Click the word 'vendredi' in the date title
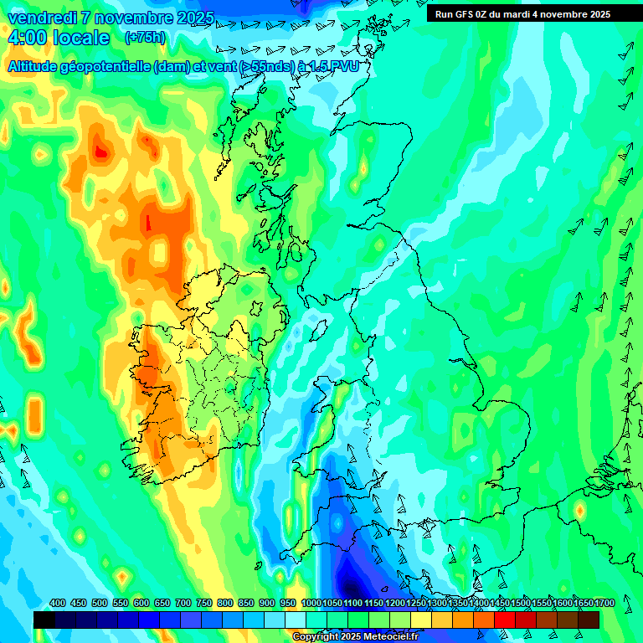point(41,18)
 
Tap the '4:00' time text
point(28,38)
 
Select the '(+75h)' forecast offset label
point(145,37)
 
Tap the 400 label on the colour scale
point(58,604)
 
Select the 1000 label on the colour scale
point(311,604)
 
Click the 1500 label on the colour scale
point(520,604)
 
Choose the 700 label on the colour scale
point(183,604)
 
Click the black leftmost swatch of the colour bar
point(44,620)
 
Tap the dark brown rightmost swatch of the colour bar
point(589,620)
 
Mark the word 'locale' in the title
point(81,38)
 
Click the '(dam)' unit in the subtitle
point(173,66)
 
